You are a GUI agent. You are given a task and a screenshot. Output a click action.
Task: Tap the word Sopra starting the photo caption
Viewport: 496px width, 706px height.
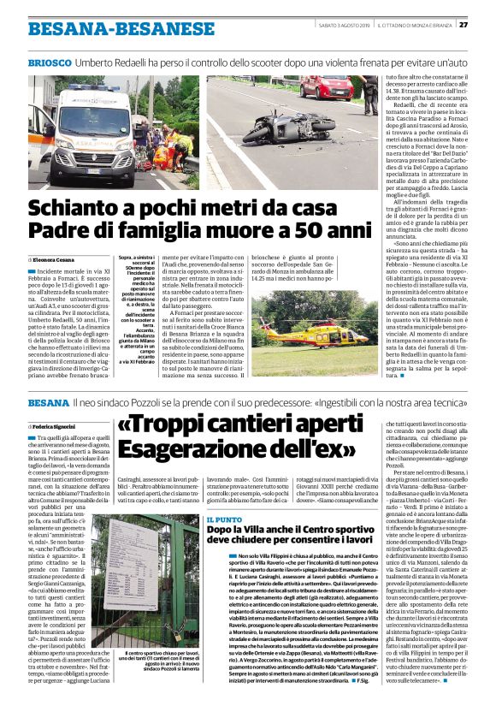(x=126, y=257)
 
